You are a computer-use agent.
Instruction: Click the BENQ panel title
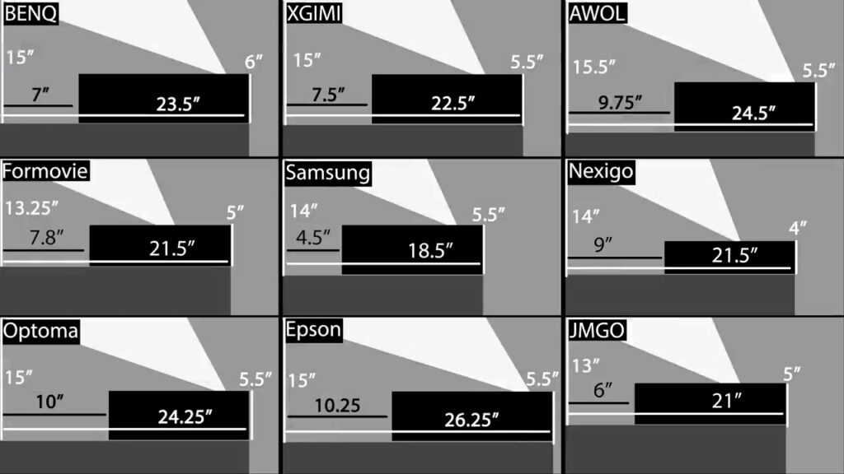point(30,14)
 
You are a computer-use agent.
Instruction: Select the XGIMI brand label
point(314,14)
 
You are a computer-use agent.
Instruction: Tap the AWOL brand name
point(598,14)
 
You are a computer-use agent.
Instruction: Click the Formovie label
point(45,171)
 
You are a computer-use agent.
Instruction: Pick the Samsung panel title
point(327,173)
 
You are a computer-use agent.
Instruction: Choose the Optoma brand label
point(40,331)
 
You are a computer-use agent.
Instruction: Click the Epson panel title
point(313,331)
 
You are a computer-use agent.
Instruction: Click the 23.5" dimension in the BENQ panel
point(180,104)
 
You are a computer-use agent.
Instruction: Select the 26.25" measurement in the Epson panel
point(471,421)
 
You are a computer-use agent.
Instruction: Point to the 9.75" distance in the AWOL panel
point(619,102)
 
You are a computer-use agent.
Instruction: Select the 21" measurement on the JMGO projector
point(727,401)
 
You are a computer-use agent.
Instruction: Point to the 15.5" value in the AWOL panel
point(593,66)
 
